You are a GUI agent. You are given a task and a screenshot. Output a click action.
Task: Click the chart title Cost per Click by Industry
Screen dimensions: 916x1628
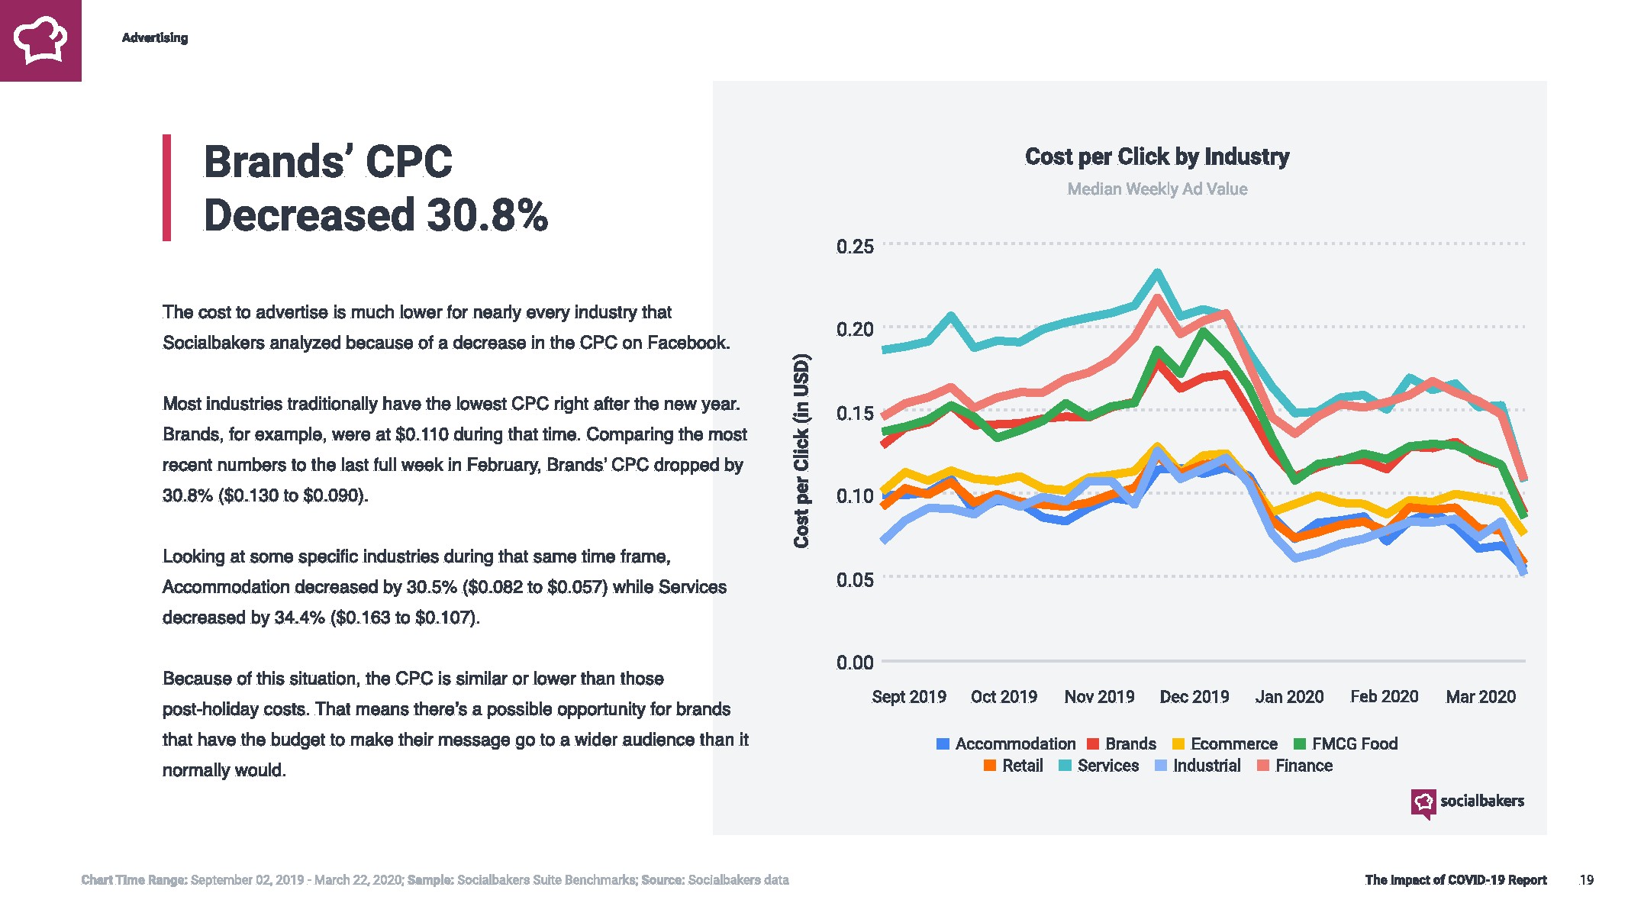(1157, 156)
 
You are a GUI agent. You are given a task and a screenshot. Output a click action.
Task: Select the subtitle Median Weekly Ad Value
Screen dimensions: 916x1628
(1157, 189)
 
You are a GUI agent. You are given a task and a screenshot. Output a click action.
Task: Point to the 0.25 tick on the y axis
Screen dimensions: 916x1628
(855, 247)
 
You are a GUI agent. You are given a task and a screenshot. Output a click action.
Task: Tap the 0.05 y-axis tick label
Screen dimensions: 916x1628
(855, 579)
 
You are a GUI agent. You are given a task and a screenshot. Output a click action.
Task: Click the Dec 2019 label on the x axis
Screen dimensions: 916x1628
(1194, 697)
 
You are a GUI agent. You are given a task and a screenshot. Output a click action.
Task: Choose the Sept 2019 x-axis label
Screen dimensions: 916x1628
(908, 697)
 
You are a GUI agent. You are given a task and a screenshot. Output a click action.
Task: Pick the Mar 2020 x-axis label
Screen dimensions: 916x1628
(1480, 697)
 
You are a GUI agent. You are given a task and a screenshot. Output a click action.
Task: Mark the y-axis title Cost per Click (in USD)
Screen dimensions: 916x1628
(801, 450)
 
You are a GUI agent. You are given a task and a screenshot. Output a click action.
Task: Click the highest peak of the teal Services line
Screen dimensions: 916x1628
(1157, 273)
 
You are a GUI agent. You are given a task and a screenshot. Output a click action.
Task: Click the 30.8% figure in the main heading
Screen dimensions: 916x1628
(487, 214)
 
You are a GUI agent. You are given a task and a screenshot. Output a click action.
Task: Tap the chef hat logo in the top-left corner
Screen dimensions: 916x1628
(40, 40)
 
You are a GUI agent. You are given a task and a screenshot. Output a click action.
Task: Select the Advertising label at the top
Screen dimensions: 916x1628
(155, 37)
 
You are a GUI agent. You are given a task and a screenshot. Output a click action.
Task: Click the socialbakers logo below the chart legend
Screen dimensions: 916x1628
(1467, 802)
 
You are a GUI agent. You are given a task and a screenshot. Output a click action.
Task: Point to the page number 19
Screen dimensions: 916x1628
(1586, 880)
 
